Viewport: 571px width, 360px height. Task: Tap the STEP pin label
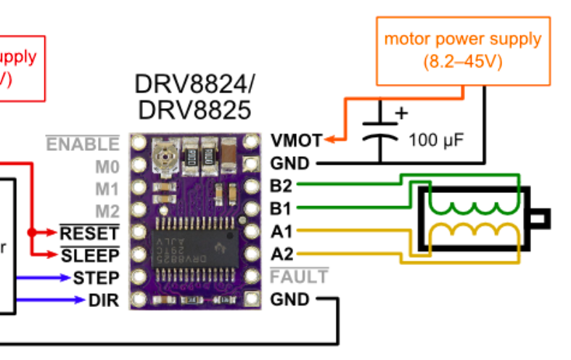pos(94,277)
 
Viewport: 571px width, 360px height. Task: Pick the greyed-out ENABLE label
pos(83,144)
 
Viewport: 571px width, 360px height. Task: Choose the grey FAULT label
pos(298,277)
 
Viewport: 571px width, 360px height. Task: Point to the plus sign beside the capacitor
pos(399,113)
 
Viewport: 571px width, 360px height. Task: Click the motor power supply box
pos(462,49)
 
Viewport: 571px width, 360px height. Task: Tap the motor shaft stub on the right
pos(541,216)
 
